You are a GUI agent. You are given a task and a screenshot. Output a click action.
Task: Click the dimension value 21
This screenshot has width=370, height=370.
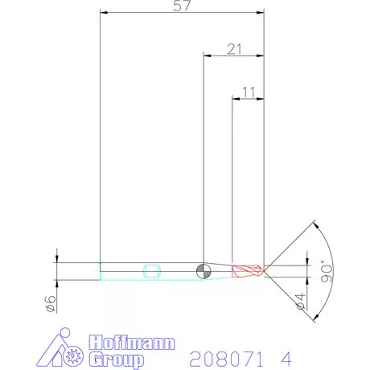pyautogui.click(x=235, y=49)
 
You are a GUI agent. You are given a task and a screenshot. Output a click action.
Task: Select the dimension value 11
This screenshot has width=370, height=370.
pyautogui.click(x=249, y=92)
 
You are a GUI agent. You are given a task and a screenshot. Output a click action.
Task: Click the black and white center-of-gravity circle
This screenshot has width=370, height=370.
pyautogui.click(x=203, y=271)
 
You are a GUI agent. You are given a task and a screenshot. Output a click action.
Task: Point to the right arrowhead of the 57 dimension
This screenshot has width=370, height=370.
pyautogui.click(x=261, y=13)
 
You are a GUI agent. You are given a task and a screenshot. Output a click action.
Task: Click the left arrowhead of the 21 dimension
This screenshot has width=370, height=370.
pyautogui.click(x=206, y=56)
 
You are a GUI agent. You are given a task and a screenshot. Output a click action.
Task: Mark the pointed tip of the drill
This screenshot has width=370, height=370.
pyautogui.click(x=265, y=270)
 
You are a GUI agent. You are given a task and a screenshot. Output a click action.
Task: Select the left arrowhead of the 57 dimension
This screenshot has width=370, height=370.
pyautogui.click(x=102, y=13)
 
